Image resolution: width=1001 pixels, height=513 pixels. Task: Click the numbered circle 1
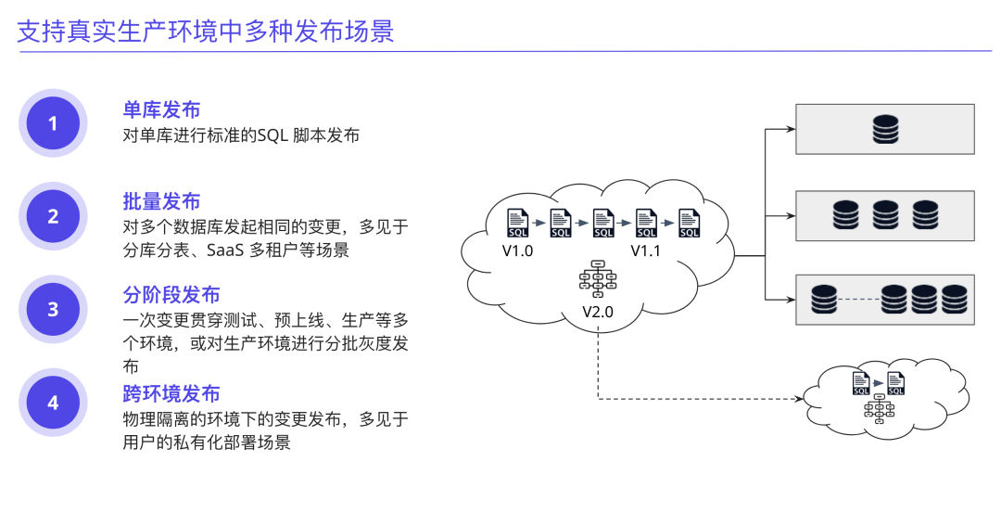pos(53,122)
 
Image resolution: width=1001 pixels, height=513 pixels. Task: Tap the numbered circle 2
pos(53,216)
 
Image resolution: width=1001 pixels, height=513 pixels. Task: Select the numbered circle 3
pos(53,310)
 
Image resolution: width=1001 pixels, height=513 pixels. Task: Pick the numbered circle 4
pos(53,403)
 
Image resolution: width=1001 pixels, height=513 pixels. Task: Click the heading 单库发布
pos(161,110)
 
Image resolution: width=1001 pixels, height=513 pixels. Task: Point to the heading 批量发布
pos(161,201)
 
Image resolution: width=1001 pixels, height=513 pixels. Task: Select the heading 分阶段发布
pos(171,295)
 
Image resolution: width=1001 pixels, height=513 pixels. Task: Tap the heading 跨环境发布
pos(171,393)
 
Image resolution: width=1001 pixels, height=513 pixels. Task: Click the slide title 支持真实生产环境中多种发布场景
pos(206,32)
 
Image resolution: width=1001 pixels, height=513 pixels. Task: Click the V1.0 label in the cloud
pos(517,251)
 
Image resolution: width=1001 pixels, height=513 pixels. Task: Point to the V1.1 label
pos(646,251)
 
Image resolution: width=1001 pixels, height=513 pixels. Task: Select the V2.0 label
pos(598,311)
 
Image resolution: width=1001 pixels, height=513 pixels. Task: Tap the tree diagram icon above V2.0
pos(598,279)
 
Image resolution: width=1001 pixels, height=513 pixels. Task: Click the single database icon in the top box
pos(885,129)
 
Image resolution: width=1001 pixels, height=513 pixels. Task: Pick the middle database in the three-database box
pos(885,215)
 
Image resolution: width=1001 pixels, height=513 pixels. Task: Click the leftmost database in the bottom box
pos(824,299)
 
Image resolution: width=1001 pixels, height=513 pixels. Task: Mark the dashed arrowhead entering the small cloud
pos(798,400)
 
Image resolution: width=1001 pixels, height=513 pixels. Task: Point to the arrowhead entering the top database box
pos(791,129)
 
